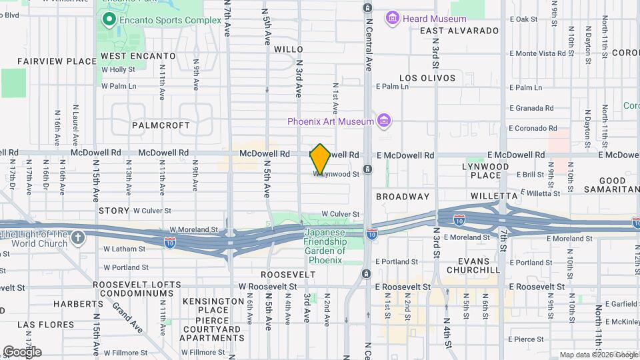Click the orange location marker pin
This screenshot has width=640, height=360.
point(320,159)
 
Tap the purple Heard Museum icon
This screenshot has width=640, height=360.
point(392,18)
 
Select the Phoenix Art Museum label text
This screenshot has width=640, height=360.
point(330,121)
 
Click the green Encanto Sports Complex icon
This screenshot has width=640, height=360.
point(108,20)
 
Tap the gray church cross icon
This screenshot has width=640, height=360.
point(79,238)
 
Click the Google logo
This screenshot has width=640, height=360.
point(22,351)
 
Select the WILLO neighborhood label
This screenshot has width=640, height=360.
point(289,49)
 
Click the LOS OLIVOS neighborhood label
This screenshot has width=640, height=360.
point(427,78)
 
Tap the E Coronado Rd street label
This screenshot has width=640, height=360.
point(531,128)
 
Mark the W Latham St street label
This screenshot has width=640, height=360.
point(124,249)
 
